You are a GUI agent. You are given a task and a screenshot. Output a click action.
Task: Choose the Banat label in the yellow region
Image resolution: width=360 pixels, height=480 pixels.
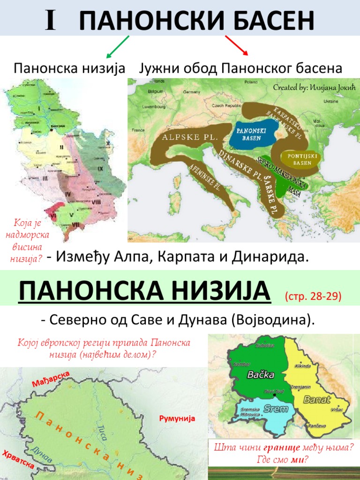click(317, 400)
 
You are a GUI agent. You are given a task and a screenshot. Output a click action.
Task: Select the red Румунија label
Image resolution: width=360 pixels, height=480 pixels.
click(177, 419)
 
